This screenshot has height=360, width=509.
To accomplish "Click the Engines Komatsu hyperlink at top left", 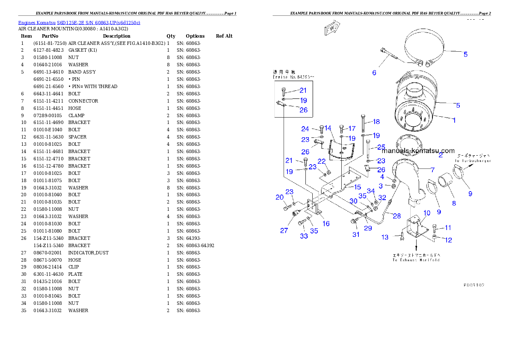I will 79,22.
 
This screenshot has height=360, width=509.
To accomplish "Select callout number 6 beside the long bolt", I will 374,73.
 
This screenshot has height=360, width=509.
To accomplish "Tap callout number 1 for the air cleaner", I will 454,121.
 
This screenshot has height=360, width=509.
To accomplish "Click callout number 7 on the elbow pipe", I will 432,170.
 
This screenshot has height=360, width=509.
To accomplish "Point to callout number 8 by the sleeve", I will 454,204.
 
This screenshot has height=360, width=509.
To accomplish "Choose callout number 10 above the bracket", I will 427,213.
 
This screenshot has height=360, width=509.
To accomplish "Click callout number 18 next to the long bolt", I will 376,122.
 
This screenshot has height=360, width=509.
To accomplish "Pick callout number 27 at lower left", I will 284,230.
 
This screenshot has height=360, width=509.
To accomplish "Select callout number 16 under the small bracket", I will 326,224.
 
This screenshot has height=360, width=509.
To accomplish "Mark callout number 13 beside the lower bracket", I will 385,237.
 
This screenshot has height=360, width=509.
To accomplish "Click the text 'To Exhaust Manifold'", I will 416,260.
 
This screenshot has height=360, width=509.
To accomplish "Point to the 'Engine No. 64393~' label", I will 293,77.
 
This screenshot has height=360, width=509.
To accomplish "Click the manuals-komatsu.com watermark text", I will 418,150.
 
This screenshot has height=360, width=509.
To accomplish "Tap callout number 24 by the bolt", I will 305,129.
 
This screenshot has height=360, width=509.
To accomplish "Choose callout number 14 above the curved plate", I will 328,128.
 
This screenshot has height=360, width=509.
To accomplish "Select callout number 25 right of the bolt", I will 381,147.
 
